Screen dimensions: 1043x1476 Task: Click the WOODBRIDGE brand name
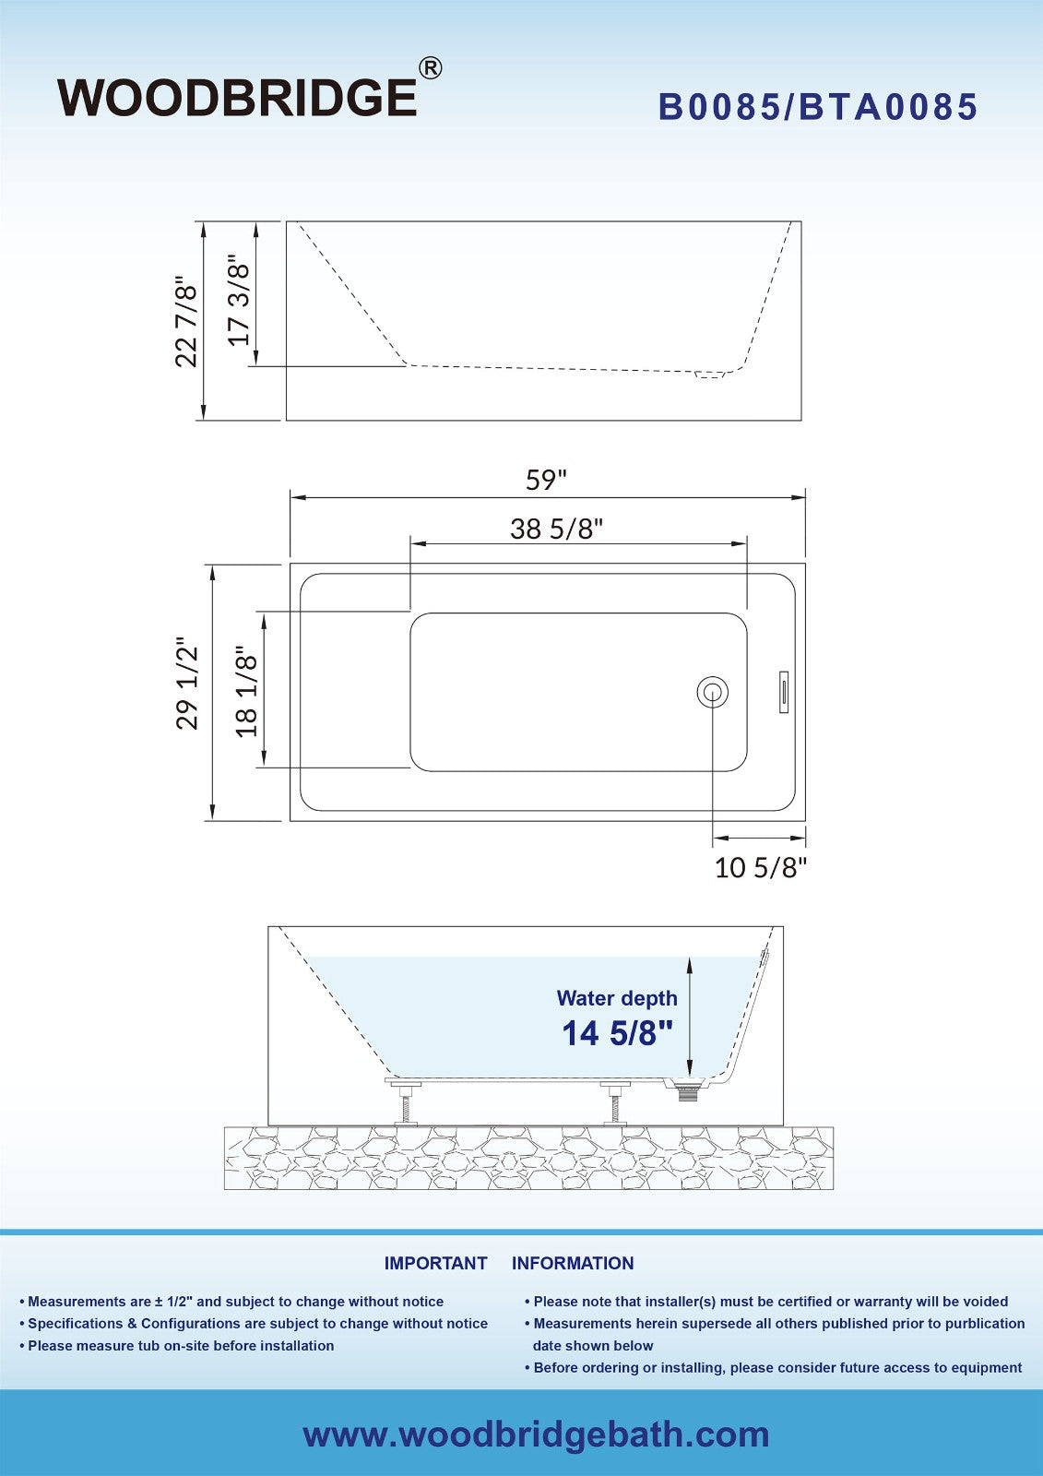(x=237, y=98)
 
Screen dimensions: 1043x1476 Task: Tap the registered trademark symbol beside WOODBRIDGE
(x=431, y=68)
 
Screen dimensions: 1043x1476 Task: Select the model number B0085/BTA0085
(x=818, y=107)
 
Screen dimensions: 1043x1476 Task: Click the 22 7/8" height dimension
(x=186, y=325)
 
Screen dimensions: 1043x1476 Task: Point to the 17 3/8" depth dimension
(x=239, y=300)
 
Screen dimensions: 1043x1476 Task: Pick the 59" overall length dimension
(x=546, y=480)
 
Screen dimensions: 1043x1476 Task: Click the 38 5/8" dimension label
(x=557, y=529)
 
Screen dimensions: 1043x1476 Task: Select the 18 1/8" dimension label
(x=245, y=691)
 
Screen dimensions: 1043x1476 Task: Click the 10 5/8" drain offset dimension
(x=760, y=868)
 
